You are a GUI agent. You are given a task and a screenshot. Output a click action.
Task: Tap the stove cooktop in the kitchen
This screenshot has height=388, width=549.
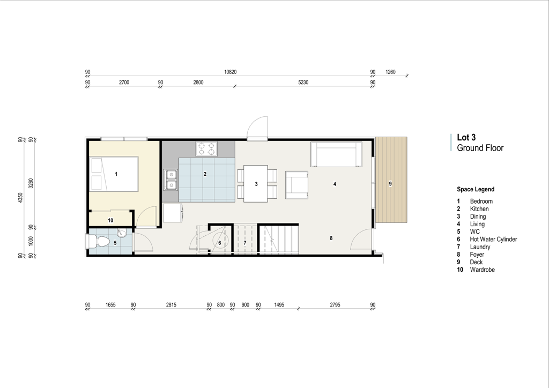[x=206, y=148]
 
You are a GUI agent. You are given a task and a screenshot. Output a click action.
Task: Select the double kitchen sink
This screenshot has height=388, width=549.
[x=171, y=180]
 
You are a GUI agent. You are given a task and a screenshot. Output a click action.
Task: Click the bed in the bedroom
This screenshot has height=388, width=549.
[x=114, y=174]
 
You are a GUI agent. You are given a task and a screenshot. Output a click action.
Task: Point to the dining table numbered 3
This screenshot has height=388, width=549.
[x=256, y=184]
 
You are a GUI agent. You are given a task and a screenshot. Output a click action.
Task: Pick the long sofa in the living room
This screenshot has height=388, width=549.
[x=336, y=154]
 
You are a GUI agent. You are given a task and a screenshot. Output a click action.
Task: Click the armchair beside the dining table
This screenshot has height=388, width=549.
[x=296, y=185]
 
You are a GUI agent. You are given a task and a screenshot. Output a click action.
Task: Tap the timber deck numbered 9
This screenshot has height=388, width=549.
[x=391, y=180]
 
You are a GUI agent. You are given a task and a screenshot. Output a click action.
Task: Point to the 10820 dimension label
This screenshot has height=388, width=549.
[x=231, y=72]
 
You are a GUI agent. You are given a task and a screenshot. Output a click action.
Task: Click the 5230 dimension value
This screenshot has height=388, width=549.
[x=303, y=83]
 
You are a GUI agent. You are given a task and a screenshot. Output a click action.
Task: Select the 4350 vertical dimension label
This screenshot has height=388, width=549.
[x=20, y=197]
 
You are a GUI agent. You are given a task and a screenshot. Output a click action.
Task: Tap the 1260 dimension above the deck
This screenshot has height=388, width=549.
[x=390, y=72]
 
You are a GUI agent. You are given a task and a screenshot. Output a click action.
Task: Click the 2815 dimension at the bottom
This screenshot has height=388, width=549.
[x=171, y=305]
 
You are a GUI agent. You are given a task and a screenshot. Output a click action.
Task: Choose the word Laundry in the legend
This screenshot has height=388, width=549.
[x=480, y=247]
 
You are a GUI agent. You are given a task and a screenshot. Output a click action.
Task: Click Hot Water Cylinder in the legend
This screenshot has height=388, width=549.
[x=493, y=240]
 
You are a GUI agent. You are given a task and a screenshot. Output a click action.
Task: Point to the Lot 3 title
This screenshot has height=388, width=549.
[x=466, y=138]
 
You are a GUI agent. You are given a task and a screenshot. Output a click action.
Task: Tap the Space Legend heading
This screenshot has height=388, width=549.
[x=476, y=189]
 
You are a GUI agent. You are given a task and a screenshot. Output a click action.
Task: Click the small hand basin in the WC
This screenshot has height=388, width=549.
[x=122, y=233]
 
